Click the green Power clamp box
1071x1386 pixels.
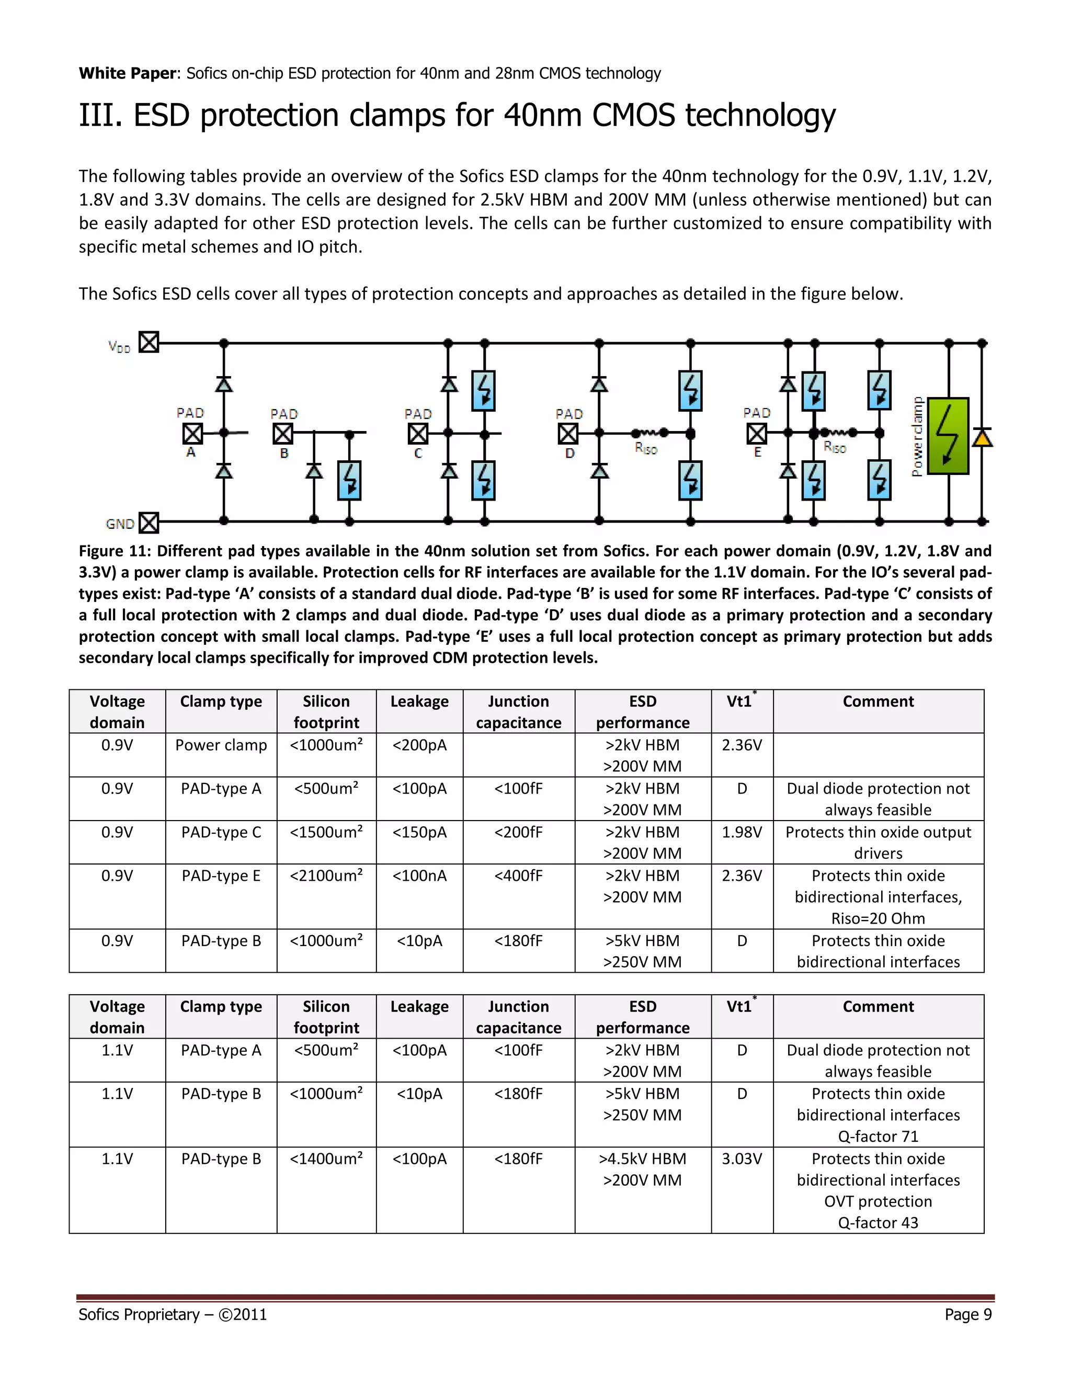(948, 436)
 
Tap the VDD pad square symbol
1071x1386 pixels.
(149, 343)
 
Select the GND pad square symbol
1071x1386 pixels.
(149, 523)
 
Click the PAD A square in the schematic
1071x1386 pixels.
(193, 434)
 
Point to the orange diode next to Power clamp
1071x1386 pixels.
(982, 438)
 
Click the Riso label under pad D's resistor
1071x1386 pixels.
(646, 449)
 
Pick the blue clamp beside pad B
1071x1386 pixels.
(350, 481)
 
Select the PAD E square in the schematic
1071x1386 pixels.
(756, 434)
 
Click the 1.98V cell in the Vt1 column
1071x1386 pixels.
(742, 832)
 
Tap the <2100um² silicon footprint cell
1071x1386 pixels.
(326, 876)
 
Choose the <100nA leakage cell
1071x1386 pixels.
(419, 876)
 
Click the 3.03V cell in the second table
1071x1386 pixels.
(742, 1159)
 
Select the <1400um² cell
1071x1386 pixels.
(326, 1159)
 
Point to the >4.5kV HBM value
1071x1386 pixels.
(642, 1159)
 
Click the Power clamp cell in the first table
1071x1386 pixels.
(221, 745)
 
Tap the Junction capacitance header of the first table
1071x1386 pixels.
(518, 712)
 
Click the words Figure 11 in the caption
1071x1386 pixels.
(113, 551)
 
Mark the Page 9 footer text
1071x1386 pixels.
(967, 1314)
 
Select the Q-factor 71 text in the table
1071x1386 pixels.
(878, 1136)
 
